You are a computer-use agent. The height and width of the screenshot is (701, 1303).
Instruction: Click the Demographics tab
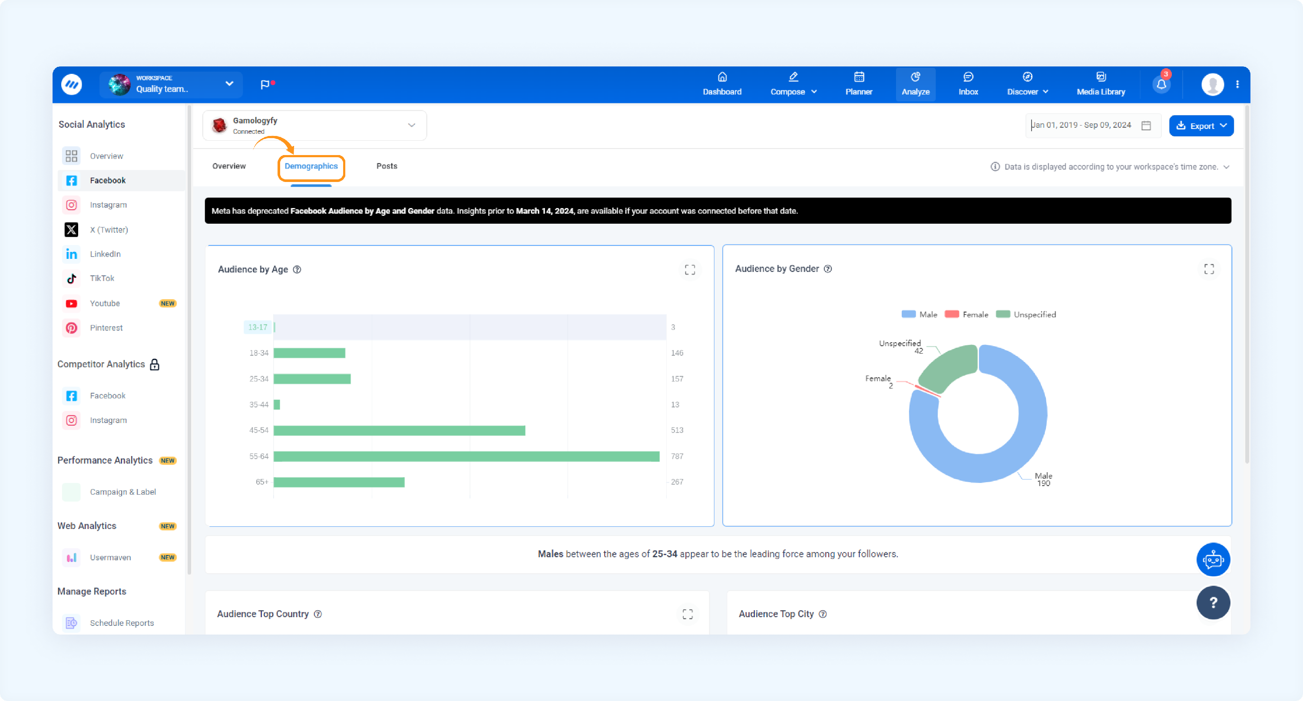pyautogui.click(x=311, y=166)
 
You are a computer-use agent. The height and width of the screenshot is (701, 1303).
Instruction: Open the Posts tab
pyautogui.click(x=387, y=166)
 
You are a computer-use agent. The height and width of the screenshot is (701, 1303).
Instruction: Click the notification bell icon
pyautogui.click(x=1161, y=84)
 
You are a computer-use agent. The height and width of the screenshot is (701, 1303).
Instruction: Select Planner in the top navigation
pyautogui.click(x=859, y=84)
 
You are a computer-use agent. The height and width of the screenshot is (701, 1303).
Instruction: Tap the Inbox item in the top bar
pyautogui.click(x=968, y=84)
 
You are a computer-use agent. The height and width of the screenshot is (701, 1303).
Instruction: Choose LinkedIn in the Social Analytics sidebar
pyautogui.click(x=105, y=254)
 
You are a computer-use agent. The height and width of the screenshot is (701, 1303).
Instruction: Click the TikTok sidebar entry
pyautogui.click(x=102, y=278)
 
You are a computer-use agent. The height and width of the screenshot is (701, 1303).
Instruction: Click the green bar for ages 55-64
pyautogui.click(x=466, y=456)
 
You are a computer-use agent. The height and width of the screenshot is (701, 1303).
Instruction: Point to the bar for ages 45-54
pyautogui.click(x=399, y=430)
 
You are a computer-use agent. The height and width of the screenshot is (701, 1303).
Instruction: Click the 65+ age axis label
pyautogui.click(x=262, y=482)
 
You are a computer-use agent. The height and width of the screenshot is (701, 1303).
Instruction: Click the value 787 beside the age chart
pyautogui.click(x=677, y=456)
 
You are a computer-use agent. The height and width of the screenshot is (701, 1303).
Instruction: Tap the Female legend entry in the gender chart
pyautogui.click(x=967, y=314)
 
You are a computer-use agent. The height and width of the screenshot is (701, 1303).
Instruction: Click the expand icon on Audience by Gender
pyautogui.click(x=1209, y=269)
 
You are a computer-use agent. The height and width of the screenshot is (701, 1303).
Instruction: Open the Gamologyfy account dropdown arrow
pyautogui.click(x=412, y=126)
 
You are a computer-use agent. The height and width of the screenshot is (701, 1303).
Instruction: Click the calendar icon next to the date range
pyautogui.click(x=1146, y=126)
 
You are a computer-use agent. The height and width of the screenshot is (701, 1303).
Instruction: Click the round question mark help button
pyautogui.click(x=1213, y=602)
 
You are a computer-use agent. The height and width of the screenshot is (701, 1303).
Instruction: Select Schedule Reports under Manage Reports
pyautogui.click(x=122, y=623)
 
